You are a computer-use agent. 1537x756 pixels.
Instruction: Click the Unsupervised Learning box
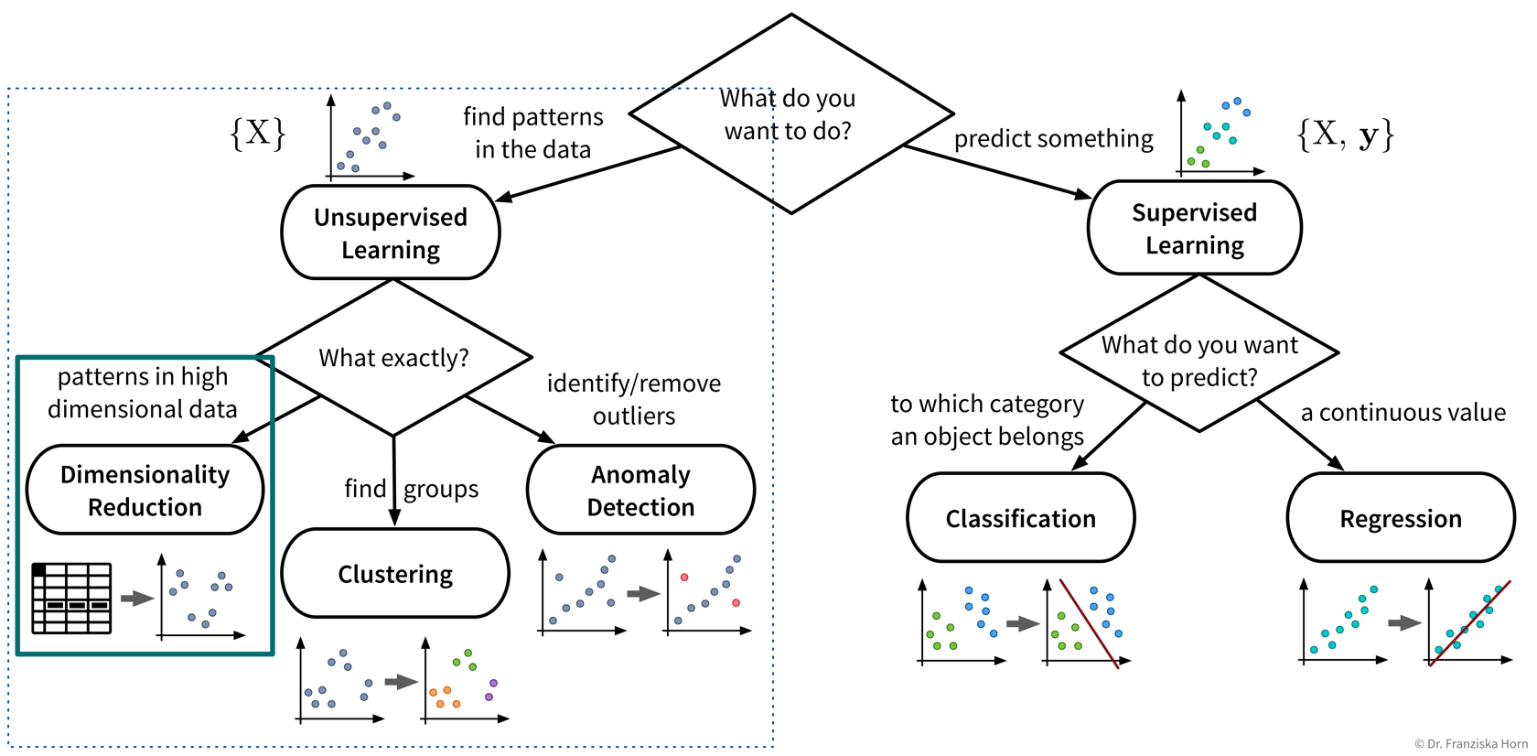point(391,232)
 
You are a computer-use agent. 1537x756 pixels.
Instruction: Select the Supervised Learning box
point(1194,228)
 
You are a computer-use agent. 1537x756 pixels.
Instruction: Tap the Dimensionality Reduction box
point(145,490)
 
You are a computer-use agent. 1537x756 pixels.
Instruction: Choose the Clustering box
point(395,574)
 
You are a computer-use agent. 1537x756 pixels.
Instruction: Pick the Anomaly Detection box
point(640,490)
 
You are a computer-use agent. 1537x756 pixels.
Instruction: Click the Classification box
point(1020,518)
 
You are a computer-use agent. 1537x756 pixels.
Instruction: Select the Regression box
point(1400,518)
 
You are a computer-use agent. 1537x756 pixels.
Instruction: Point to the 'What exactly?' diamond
point(393,357)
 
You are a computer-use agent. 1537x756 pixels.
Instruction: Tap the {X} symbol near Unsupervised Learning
point(258,134)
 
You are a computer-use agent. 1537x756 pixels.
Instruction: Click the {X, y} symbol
point(1345,135)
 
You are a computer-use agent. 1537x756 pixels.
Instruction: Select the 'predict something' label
point(1053,138)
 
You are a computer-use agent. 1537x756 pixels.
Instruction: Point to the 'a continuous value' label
point(1403,413)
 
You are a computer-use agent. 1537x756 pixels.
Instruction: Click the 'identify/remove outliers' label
point(633,399)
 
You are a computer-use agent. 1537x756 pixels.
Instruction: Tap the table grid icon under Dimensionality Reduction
point(71,599)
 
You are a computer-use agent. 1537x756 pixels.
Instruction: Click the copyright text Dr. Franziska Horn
point(1470,744)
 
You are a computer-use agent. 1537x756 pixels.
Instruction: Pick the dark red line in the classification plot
point(1089,623)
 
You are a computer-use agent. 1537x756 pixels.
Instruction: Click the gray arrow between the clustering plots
point(401,682)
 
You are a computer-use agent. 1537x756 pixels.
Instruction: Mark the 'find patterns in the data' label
point(532,133)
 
